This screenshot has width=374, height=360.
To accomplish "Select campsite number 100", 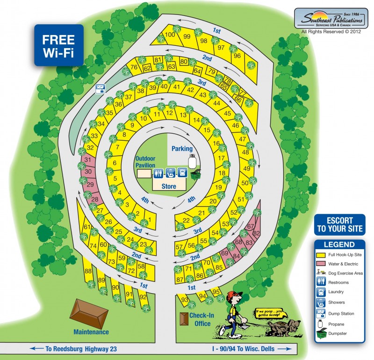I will (x=170, y=35).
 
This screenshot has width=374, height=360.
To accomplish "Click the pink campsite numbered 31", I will (x=87, y=160).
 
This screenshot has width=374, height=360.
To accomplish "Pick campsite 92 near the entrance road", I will (x=144, y=297).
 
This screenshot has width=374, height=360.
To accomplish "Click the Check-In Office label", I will (x=201, y=319).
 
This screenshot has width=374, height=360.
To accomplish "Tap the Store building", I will (x=169, y=186).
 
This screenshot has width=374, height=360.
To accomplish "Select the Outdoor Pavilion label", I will (x=145, y=162).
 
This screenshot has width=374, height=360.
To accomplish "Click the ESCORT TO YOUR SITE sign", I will (x=339, y=225).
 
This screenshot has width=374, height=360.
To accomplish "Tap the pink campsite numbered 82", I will (x=256, y=233).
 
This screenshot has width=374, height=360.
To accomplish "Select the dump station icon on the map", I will (x=100, y=88).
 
